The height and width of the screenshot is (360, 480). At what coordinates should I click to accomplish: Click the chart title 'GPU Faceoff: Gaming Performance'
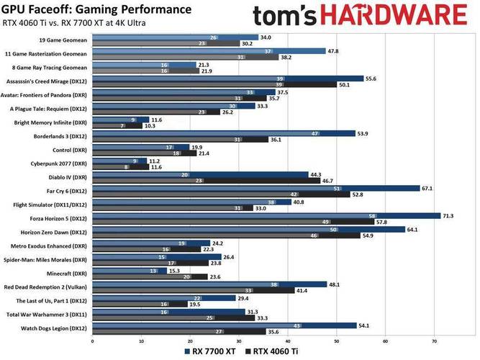[97, 9]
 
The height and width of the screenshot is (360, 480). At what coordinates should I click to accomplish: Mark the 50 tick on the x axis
[337, 341]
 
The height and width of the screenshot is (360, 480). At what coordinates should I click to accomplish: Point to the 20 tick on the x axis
[191, 341]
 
